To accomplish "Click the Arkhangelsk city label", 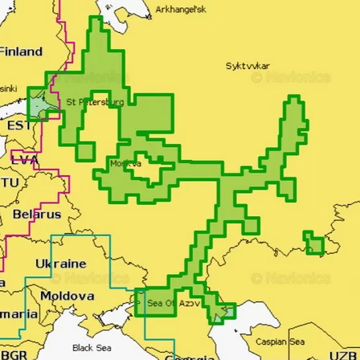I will click(181, 10).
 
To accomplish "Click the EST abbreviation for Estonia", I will click(17, 126).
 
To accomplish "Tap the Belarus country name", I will click(35, 215).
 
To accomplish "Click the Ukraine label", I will click(60, 263).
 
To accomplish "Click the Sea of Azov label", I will click(173, 304).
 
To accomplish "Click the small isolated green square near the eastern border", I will click(313, 241).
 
